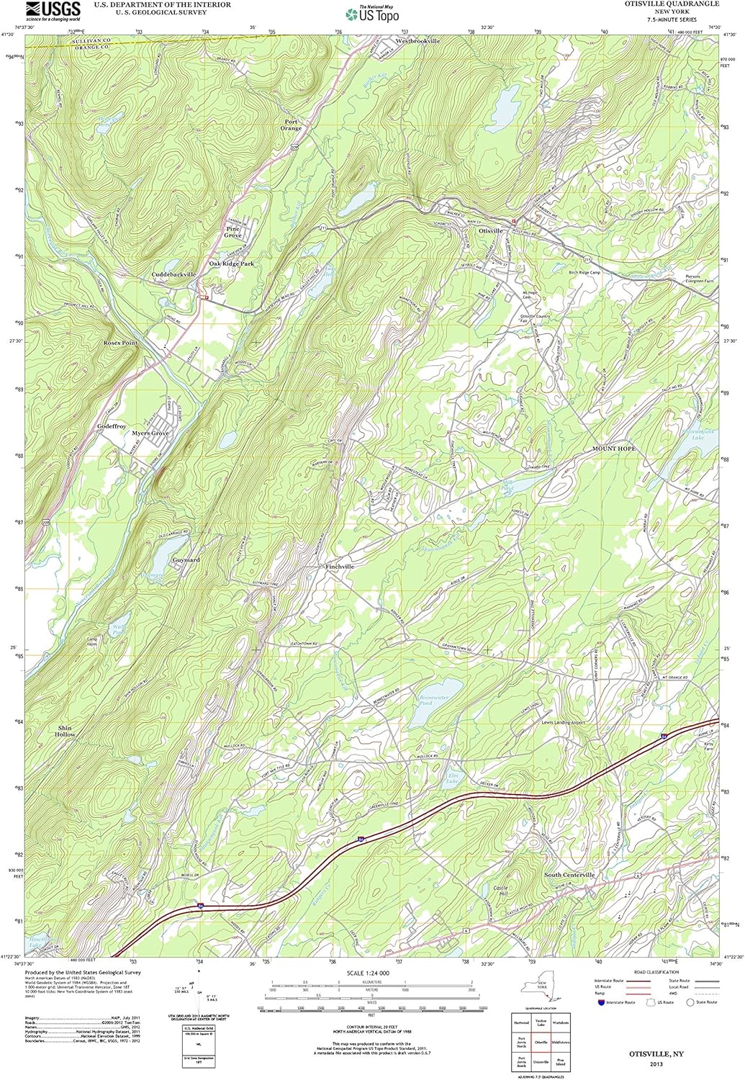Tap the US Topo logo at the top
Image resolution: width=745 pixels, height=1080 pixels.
[372, 14]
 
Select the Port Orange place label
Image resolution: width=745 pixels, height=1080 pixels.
[290, 125]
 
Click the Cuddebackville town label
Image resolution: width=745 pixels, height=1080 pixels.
[173, 275]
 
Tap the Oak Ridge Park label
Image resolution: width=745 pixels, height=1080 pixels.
[232, 264]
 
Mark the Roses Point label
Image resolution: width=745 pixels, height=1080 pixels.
[120, 343]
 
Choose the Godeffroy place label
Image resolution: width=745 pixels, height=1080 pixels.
[112, 427]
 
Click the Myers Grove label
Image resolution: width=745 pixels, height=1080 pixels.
[150, 433]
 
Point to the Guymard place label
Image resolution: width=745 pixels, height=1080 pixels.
[186, 559]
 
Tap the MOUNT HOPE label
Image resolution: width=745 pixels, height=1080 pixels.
[614, 449]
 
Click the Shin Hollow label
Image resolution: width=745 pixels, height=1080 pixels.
[66, 732]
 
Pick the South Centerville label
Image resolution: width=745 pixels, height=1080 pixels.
[569, 875]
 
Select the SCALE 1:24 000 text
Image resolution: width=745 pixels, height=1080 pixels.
[368, 973]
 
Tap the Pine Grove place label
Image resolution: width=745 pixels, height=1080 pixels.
[232, 232]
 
